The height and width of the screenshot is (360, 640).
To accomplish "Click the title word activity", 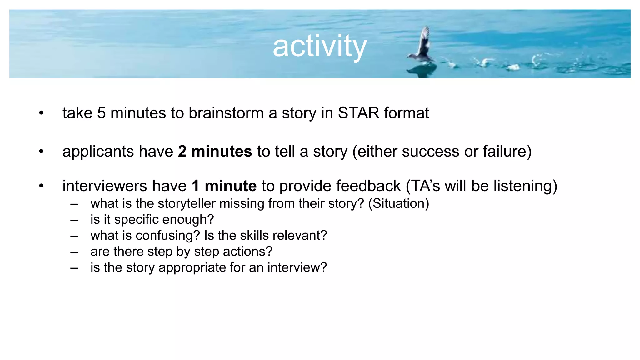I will [319, 46].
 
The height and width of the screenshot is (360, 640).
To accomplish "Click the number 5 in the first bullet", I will [101, 113].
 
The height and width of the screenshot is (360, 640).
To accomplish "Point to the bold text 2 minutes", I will [215, 151].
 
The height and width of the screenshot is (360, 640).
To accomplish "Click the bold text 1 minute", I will [224, 186].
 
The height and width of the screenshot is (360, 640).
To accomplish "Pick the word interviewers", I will [105, 186].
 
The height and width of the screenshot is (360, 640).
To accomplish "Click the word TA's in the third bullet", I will [425, 186].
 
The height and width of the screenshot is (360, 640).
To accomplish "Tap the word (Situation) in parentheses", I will [398, 203].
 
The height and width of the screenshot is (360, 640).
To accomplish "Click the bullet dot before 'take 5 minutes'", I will [41, 113].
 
